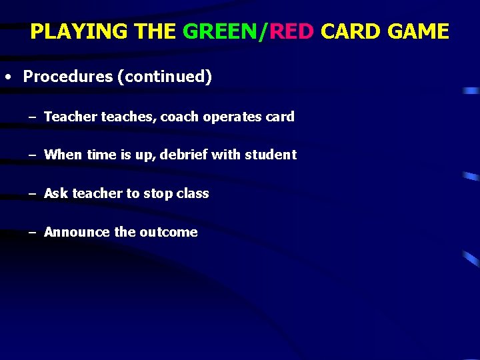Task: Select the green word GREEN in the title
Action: click(223, 31)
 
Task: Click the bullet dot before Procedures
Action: click(7, 77)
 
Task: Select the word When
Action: click(63, 155)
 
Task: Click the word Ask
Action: click(56, 193)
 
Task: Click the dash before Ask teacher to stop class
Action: click(31, 194)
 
